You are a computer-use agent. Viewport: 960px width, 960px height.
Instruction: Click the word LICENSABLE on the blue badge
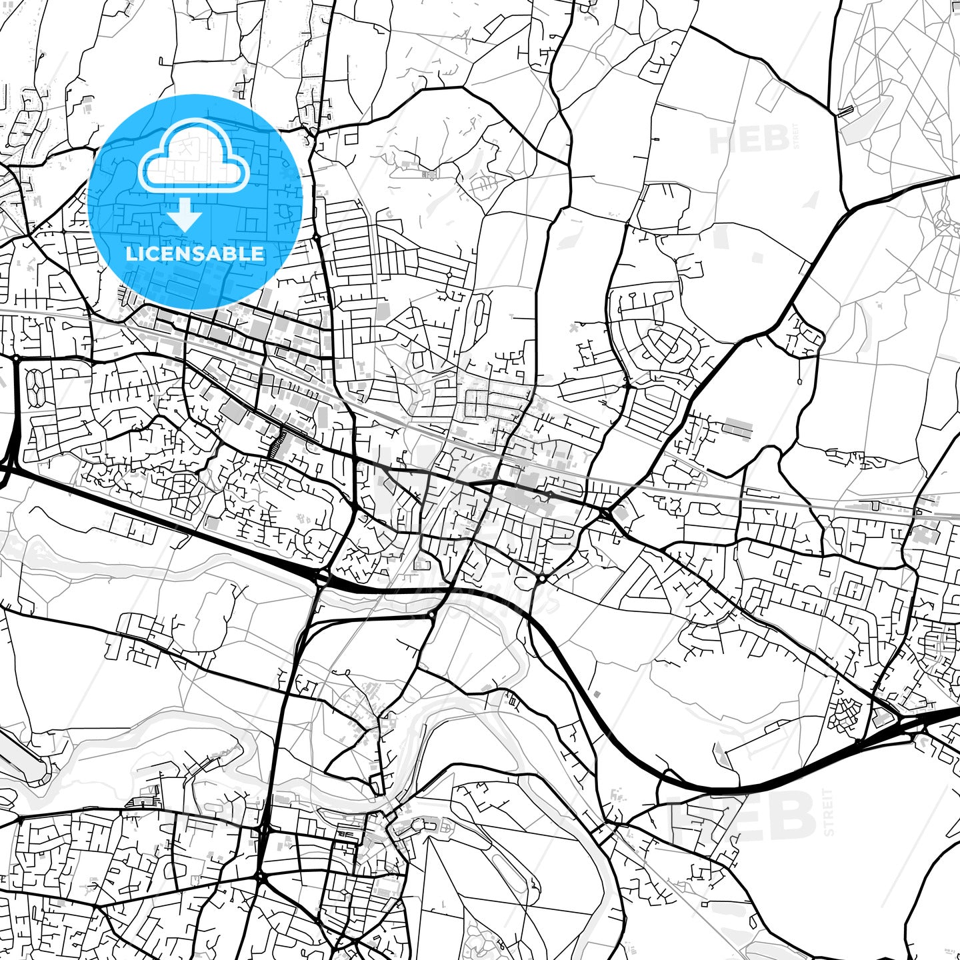point(195,253)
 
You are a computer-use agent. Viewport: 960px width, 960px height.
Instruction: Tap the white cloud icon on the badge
point(193,157)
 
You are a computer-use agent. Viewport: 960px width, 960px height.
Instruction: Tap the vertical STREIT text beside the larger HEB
point(829,812)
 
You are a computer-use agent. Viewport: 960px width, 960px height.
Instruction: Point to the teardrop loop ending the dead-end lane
point(799,381)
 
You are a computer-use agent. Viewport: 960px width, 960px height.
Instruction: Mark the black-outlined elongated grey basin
point(23,754)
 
